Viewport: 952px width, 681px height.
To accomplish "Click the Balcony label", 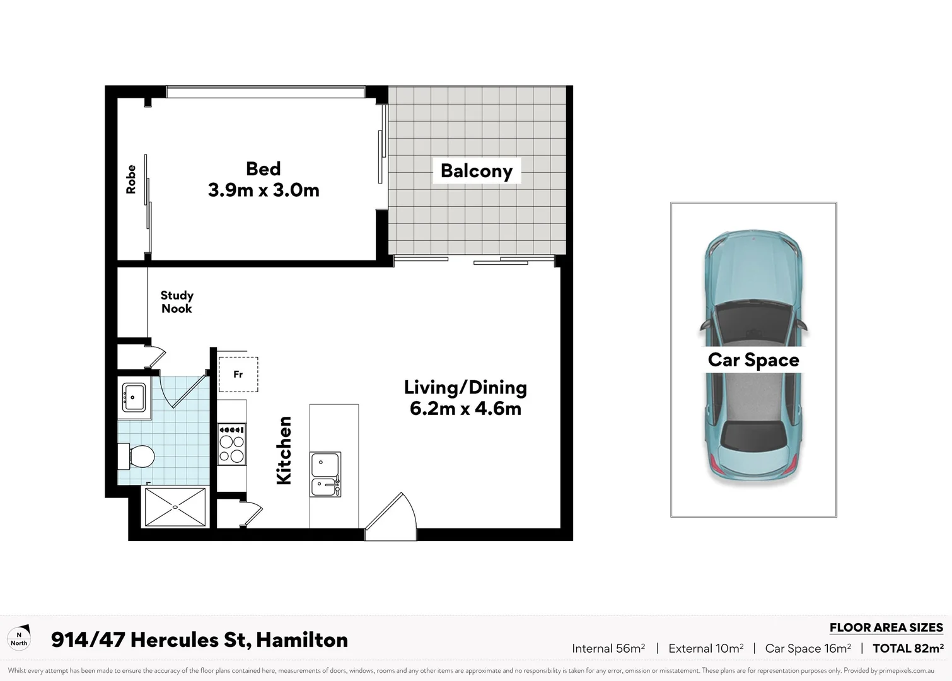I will pos(476,171).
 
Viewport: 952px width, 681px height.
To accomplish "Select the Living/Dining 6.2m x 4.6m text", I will pos(465,398).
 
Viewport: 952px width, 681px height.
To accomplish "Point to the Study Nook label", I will pos(177,302).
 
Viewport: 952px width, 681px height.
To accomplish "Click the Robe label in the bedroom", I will pos(131,179).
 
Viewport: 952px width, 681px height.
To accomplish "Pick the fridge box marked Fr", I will pos(238,374).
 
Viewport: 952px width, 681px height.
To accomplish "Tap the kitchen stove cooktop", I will pos(231,445).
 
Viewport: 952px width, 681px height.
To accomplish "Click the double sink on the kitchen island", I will pos(325,474).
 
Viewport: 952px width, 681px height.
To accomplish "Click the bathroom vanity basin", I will pos(134,397).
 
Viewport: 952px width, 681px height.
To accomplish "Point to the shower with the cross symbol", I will pos(175,506).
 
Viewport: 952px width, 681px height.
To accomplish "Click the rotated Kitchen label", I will pos(284,450).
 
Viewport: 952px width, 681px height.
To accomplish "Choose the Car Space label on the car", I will pos(753,359).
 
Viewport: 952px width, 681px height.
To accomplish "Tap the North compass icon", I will pos(19,638).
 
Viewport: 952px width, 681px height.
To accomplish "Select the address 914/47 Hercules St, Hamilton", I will pos(199,639).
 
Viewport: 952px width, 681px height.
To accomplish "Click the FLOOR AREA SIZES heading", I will pos(886,627).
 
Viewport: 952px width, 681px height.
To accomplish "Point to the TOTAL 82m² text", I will pos(908,648).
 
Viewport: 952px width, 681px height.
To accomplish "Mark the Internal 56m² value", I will pos(608,648).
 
